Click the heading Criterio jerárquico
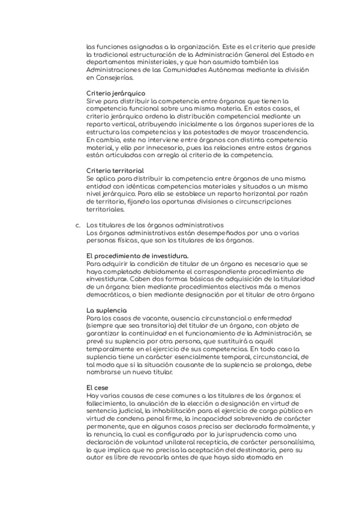point(116,94)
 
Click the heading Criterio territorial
point(115,171)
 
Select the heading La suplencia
point(107,310)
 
